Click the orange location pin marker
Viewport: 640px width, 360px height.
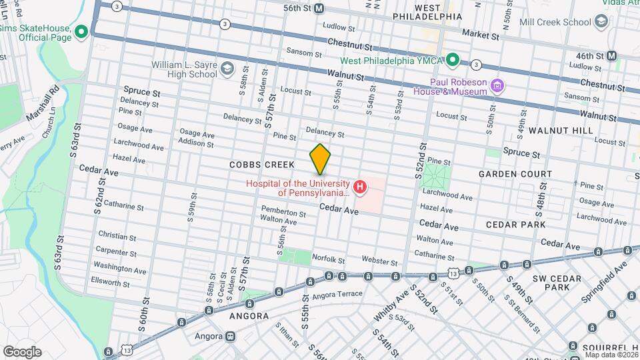point(321,159)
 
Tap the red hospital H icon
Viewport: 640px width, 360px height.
point(360,187)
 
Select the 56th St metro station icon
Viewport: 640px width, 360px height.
point(319,8)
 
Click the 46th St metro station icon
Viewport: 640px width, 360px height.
point(611,56)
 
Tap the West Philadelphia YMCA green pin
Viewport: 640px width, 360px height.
point(453,61)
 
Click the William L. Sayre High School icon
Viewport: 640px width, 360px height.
point(227,68)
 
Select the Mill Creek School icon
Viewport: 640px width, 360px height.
point(602,21)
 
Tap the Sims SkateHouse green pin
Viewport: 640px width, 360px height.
point(81,31)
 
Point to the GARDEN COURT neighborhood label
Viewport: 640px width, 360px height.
point(515,174)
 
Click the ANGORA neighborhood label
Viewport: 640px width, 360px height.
point(249,316)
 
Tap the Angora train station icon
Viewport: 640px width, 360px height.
point(230,336)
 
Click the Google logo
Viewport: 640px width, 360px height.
point(22,351)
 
